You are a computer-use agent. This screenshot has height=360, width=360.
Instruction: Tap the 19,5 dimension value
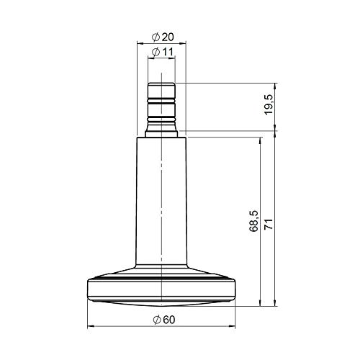(269, 107)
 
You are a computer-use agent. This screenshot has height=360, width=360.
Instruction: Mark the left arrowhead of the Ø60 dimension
(90, 328)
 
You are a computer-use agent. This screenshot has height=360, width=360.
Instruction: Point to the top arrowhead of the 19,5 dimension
(277, 86)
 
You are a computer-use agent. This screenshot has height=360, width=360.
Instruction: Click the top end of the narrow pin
(161, 84)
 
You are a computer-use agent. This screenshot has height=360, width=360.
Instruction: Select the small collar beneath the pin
(161, 132)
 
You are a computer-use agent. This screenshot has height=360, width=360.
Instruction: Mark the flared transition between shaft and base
(161, 266)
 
